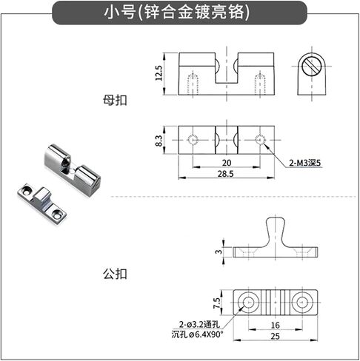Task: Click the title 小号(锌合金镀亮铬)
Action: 177,13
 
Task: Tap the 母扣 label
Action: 115,101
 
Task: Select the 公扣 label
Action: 115,274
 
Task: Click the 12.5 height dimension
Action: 159,73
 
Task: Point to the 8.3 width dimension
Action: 159,141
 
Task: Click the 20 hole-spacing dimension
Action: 227,163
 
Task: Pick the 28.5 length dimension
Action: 225,174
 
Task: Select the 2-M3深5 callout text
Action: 305,163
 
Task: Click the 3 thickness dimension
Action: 219,252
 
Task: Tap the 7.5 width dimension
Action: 216,303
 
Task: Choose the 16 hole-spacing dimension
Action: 275,325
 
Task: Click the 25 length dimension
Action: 275,336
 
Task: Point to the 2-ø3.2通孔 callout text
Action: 199,324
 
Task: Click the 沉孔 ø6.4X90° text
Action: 197,334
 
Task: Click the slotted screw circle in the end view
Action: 312,66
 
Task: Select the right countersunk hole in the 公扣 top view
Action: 301,303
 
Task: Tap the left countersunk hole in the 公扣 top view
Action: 248,303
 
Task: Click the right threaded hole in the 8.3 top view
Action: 260,140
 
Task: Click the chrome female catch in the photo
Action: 73,169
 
